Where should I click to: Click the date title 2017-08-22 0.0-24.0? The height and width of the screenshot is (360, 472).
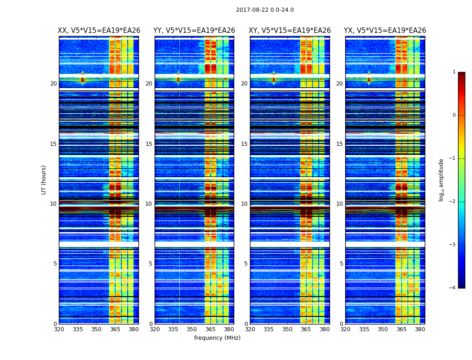click(x=265, y=10)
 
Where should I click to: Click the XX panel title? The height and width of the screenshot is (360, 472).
click(x=99, y=31)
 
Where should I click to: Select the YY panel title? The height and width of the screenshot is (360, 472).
click(x=194, y=31)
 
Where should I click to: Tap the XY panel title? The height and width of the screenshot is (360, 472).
click(x=290, y=31)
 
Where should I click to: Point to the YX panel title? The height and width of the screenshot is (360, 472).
click(x=385, y=31)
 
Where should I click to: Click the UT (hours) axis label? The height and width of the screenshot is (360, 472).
click(x=44, y=180)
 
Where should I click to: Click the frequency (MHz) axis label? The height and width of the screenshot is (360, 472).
click(x=217, y=338)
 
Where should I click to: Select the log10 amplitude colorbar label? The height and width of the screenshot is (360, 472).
click(x=441, y=180)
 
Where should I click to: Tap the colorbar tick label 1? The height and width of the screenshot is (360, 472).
click(x=454, y=72)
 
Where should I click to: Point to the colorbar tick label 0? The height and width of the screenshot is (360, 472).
click(x=454, y=115)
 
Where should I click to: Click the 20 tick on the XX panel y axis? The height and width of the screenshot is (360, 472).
click(x=53, y=84)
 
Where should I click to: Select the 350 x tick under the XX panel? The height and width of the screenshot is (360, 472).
click(x=96, y=329)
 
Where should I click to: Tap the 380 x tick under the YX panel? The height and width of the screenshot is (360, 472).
click(x=420, y=329)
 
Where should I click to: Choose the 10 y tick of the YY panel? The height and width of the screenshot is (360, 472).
click(x=149, y=204)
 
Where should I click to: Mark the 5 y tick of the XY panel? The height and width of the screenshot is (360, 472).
click(x=246, y=264)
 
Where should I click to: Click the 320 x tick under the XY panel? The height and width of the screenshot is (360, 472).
click(x=250, y=329)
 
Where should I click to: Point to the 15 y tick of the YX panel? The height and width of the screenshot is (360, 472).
click(x=340, y=144)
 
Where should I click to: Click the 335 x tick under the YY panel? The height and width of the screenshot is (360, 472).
click(x=173, y=329)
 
